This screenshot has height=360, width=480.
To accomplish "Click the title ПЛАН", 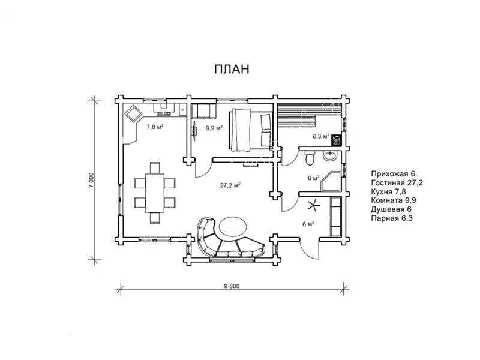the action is tap(232, 69).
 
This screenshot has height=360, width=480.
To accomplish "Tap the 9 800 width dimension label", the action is tap(232, 286).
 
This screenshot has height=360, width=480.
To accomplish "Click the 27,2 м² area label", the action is tap(230, 185).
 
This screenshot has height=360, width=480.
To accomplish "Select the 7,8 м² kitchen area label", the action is tap(155, 127).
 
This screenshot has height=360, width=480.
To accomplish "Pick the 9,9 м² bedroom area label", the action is tap(214, 128).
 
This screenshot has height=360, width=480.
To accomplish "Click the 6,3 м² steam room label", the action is tap(321, 136).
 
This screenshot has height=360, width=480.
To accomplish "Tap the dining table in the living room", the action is tap(155, 193).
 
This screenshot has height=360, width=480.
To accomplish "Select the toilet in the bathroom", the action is tap(310, 158).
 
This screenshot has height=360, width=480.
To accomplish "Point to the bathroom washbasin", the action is tap(329, 156).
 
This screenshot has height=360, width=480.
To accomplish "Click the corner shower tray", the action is tap(331, 182).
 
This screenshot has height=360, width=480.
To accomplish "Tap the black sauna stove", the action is tap(336, 140).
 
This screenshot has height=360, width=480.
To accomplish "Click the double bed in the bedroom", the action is tap(251, 130).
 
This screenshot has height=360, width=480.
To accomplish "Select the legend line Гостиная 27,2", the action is tap(397, 183).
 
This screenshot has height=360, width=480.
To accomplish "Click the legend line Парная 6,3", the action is tap(392, 218).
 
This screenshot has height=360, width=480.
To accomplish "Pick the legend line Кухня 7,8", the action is tap(388, 191).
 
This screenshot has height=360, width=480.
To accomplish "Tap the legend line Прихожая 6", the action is tap(393, 174).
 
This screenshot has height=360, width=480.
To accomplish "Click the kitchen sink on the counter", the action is tap(164, 110).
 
